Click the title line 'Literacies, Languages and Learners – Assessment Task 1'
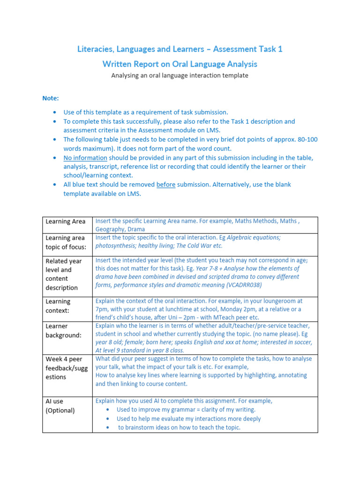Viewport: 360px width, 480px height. pyautogui.click(x=180, y=49)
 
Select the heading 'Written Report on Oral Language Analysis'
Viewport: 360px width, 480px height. pyautogui.click(x=180, y=64)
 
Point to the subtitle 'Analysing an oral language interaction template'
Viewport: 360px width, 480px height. pyautogui.click(x=180, y=75)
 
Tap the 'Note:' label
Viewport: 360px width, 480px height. pyautogui.click(x=51, y=98)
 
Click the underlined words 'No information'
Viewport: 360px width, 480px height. pyautogui.click(x=85, y=157)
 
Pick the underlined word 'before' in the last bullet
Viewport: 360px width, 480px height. pyautogui.click(x=166, y=185)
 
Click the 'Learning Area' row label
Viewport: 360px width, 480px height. pyautogui.click(x=65, y=221)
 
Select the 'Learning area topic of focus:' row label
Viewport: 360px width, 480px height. pyautogui.click(x=65, y=242)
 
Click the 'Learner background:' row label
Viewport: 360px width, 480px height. pyautogui.click(x=63, y=330)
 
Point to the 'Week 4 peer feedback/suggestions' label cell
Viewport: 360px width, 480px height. pyautogui.click(x=66, y=368)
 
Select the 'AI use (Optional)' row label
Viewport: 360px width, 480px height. pyautogui.click(x=60, y=406)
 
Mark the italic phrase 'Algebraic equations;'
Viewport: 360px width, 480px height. pyautogui.click(x=254, y=237)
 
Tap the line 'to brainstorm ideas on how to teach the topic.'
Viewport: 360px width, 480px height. pyautogui.click(x=179, y=427)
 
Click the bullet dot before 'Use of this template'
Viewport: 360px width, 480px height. pyautogui.click(x=55, y=112)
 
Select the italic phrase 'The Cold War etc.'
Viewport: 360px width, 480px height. pyautogui.click(x=198, y=246)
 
